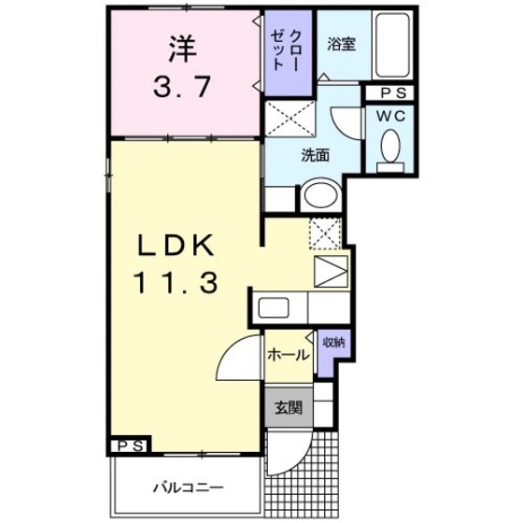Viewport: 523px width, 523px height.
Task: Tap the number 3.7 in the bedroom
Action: coord(183,88)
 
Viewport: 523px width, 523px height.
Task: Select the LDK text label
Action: coord(177,247)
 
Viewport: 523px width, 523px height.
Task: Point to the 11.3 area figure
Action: coord(177,280)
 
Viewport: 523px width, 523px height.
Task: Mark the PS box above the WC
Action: coord(392,93)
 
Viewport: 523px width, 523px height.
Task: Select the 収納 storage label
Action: coord(332,343)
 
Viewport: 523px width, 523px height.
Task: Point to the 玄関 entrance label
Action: coord(288,407)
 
